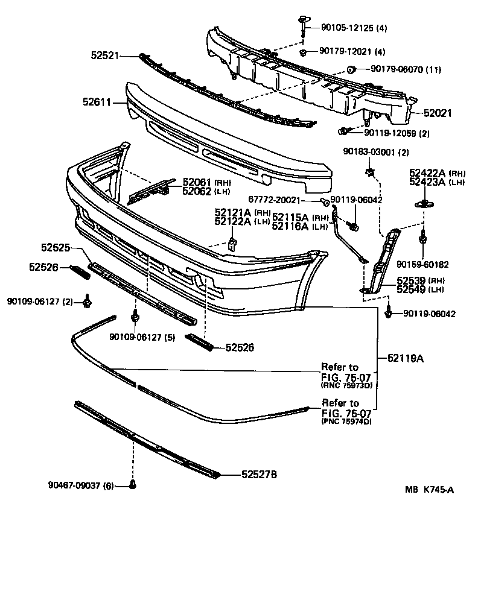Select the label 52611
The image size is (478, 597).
tap(96, 103)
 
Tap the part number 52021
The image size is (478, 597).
tap(438, 113)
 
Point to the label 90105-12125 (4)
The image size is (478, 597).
tap(346, 28)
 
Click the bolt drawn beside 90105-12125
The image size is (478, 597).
tap(301, 26)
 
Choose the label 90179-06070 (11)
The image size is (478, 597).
tap(406, 70)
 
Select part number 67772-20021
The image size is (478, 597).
tap(282, 200)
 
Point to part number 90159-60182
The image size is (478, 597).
tap(422, 264)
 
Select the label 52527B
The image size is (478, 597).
tap(259, 475)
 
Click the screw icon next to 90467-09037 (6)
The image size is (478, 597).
tap(133, 485)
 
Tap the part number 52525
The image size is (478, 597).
tap(56, 247)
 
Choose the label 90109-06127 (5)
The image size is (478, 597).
tap(142, 337)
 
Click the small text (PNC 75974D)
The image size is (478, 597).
tap(346, 422)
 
